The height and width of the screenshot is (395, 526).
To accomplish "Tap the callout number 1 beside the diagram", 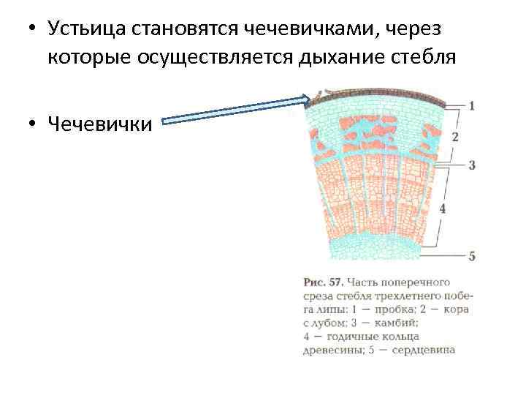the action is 471,105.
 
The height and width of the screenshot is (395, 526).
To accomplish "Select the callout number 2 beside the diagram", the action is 455,137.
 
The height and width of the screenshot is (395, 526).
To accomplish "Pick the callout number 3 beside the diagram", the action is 472,165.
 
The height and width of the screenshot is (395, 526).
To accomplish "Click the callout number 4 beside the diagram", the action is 443,208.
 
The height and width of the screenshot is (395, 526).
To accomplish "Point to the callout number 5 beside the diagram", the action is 472,256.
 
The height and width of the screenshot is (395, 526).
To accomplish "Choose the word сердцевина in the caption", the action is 425,350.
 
